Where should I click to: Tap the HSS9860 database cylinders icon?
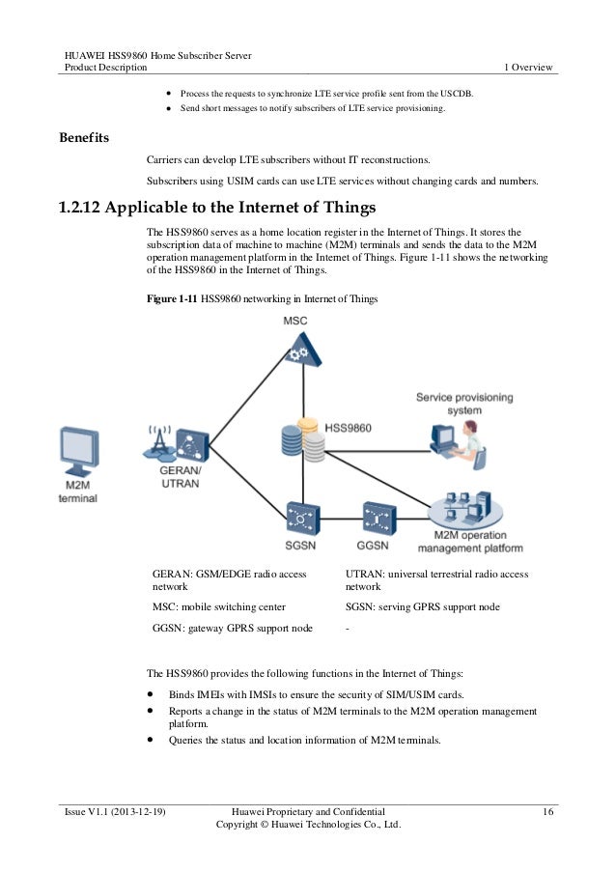point(299,439)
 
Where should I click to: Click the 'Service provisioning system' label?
point(464,404)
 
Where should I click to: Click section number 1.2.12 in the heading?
point(80,207)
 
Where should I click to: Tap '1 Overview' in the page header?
point(528,68)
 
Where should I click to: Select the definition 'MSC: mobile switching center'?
point(219,607)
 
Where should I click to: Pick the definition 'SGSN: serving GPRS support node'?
point(422,607)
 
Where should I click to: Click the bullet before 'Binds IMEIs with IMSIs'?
point(152,695)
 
